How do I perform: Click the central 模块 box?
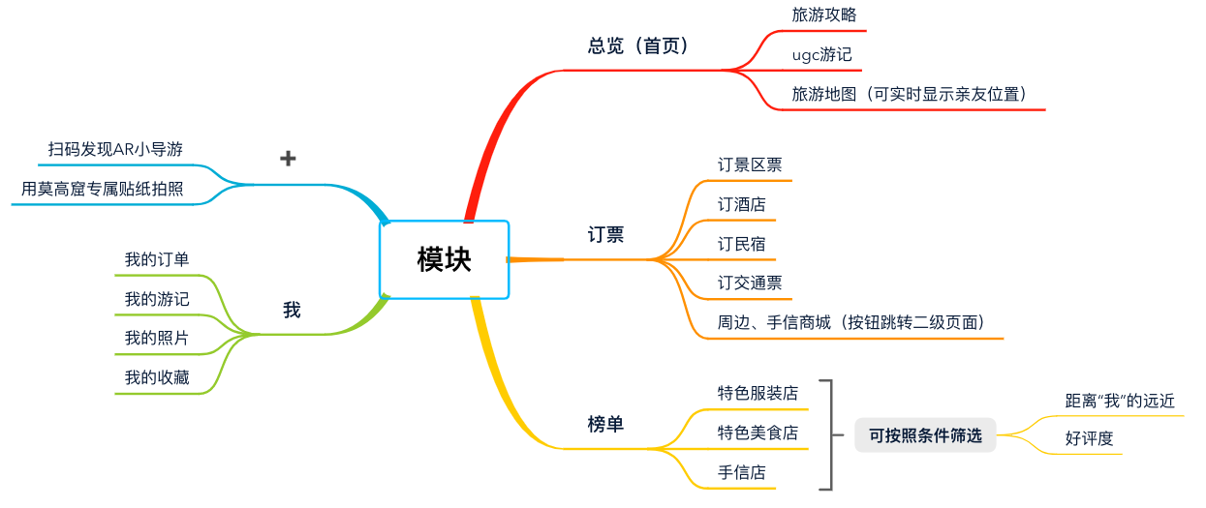[444, 259]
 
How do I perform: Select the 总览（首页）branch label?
[640, 45]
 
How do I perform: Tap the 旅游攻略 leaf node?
[824, 15]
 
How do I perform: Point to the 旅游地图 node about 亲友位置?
[909, 94]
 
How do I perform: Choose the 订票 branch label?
[605, 234]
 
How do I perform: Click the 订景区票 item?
[750, 164]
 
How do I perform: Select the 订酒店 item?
[741, 204]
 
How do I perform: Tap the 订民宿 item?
[741, 244]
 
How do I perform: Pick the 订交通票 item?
[750, 284]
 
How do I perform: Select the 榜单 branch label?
[605, 424]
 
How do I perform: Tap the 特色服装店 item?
[758, 393]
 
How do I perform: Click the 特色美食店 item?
[758, 433]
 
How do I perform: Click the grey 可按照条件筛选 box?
[925, 435]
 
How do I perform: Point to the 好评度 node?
[1090, 438]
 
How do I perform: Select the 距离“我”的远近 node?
[1120, 401]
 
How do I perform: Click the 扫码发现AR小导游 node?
[115, 149]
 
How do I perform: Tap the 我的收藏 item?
[157, 377]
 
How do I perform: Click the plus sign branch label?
[288, 159]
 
